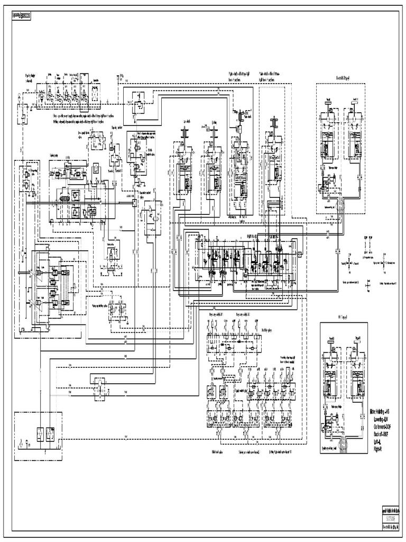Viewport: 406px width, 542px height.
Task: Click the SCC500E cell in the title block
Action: coord(391,518)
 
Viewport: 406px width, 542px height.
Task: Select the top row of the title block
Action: coord(391,511)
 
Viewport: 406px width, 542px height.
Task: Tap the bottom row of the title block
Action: coord(391,527)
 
